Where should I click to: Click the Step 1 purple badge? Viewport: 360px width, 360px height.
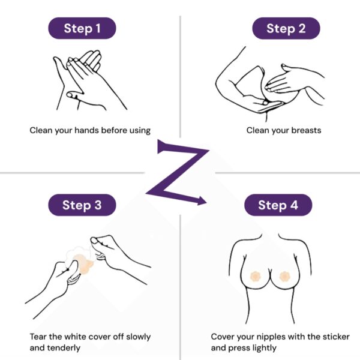point(82,28)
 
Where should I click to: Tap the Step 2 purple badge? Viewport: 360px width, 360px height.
point(286,28)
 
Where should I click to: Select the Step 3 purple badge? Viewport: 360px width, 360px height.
point(82,205)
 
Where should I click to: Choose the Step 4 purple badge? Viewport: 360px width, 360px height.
point(278,205)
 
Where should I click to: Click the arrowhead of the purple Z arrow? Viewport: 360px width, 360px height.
point(202,200)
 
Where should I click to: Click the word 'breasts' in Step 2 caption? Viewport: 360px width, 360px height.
point(306,130)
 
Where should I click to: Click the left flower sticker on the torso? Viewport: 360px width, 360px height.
point(254,276)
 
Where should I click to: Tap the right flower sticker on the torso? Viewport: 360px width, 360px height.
point(285,276)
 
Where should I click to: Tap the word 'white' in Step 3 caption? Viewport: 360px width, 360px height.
point(76,337)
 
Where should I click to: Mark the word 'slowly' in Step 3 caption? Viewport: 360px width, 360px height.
point(139,337)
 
